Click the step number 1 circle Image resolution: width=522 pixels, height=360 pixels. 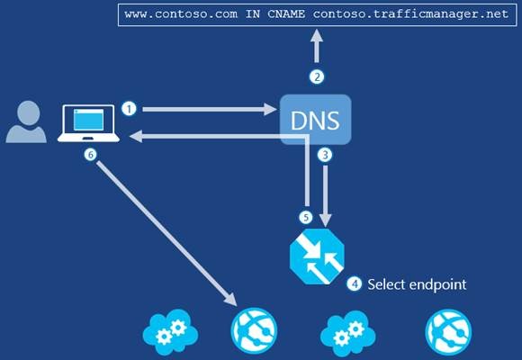[x=130, y=109]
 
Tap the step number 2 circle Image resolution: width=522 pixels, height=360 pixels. [x=317, y=76]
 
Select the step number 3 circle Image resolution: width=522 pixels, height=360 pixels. [x=325, y=155]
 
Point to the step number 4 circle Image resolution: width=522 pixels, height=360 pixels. [x=355, y=284]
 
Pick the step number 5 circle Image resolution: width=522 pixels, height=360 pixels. [x=306, y=218]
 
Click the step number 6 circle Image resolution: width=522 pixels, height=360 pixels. [x=90, y=155]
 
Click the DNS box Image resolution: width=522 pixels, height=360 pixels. [x=316, y=120]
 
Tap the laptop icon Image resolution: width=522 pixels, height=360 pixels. [x=88, y=123]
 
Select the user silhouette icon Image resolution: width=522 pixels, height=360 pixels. [x=26, y=121]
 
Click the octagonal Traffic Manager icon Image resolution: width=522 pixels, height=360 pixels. [x=317, y=256]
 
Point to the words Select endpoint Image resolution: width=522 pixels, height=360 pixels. [x=417, y=284]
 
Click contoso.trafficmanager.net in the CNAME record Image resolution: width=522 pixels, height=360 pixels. [x=410, y=14]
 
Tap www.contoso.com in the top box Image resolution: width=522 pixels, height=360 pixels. [x=181, y=14]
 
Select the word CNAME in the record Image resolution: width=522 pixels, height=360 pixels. [x=286, y=14]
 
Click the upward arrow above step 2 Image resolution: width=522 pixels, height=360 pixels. [x=317, y=46]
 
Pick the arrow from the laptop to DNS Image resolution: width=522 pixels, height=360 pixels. [x=210, y=109]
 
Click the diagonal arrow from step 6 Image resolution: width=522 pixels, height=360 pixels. [x=166, y=233]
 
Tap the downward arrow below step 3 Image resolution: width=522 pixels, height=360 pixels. [x=325, y=196]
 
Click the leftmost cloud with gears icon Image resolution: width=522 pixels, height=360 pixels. [x=170, y=332]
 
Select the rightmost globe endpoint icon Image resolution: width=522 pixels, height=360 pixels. [x=448, y=332]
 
